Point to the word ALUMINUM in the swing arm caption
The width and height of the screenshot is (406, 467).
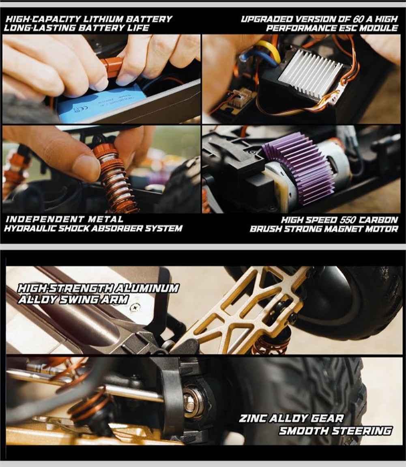[x=147, y=288]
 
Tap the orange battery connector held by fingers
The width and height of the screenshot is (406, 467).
[x=111, y=68]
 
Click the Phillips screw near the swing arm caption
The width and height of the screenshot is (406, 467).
[x=135, y=306]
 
